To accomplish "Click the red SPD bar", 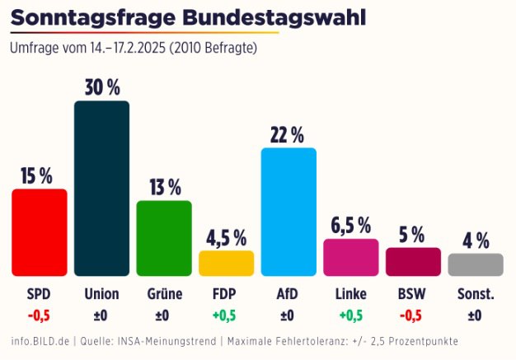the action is click(40, 232).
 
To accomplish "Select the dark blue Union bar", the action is click(101, 189).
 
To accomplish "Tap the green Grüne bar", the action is click(164, 238).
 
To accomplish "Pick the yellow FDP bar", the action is click(227, 264).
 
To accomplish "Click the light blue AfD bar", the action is click(289, 212).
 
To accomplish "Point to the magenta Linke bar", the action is click(351, 257).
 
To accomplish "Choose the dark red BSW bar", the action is click(413, 262).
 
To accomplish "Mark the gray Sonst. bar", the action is click(476, 264).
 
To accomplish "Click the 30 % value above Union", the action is click(102, 87).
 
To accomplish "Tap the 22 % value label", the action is click(288, 135).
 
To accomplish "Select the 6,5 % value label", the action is click(351, 226).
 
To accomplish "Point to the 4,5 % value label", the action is click(227, 238).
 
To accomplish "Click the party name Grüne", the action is click(165, 293).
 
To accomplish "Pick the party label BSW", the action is click(411, 294).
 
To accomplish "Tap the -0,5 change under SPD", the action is click(39, 316).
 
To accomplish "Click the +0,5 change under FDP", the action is click(224, 316).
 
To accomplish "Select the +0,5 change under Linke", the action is click(351, 316).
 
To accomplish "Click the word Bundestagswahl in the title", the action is click(274, 17).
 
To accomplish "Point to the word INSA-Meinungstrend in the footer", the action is click(167, 341).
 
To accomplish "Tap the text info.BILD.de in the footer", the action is click(40, 341).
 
